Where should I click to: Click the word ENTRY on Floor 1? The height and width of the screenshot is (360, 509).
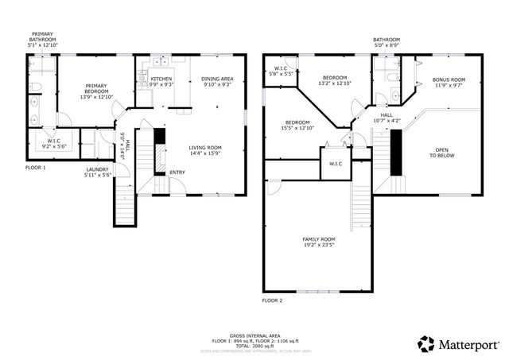tap(177, 172)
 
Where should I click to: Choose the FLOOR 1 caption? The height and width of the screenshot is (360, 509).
tap(36, 168)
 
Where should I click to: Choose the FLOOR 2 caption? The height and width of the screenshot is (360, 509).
tap(272, 301)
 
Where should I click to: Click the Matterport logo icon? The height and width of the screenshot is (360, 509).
tap(426, 344)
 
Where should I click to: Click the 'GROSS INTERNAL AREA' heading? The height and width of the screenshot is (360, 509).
tap(254, 335)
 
